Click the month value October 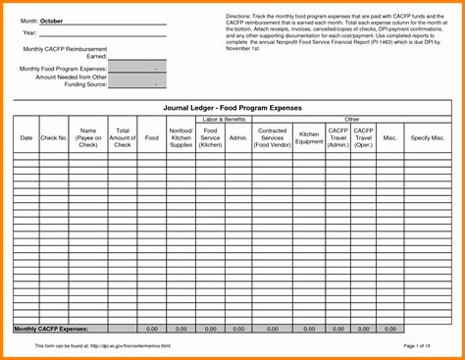point(52,21)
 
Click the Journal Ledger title point(232,107)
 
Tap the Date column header point(26,138)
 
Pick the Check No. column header point(55,138)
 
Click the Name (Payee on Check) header point(88,138)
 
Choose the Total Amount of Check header point(122,138)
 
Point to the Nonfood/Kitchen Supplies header point(181,138)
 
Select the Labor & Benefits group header point(224,119)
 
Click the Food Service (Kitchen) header point(210,138)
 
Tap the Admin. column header point(238,138)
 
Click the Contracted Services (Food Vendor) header point(272,138)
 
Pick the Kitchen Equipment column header point(309,138)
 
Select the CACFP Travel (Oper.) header point(363,138)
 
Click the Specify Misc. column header point(428,138)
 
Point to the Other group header point(351,119)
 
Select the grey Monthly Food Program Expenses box point(137,71)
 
